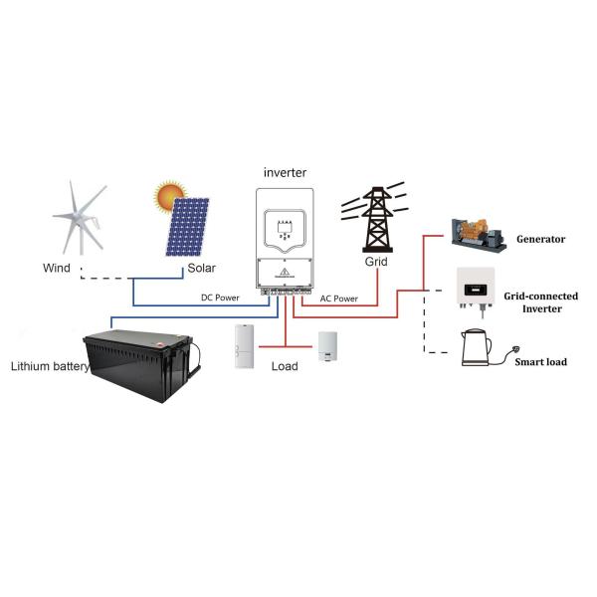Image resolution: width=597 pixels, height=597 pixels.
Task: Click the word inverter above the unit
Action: [x=287, y=172]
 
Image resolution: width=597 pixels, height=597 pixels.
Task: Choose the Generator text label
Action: [x=540, y=239]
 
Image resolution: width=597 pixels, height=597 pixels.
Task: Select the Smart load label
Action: [x=540, y=362]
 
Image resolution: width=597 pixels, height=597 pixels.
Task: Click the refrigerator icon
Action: [x=244, y=347]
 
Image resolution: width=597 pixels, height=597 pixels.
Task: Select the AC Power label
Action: [x=339, y=298]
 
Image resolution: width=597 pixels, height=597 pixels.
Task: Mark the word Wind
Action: [x=57, y=268]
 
